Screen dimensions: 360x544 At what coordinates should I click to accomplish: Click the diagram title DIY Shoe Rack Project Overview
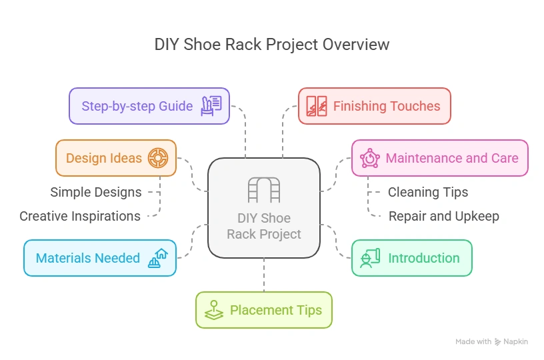point(272,45)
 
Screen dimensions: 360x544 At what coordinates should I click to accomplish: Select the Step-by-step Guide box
point(149,106)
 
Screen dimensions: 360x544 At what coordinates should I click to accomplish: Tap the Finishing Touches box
point(374,106)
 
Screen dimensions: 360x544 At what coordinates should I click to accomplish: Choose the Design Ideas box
point(116,158)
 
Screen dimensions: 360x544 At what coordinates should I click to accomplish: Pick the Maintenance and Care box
point(439,158)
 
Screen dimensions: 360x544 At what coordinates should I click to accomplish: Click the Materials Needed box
point(100,258)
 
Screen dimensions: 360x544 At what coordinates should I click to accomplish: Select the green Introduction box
point(412,258)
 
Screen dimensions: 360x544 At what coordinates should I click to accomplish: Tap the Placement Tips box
point(264,310)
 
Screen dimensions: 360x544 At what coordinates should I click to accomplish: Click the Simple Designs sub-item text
point(96,192)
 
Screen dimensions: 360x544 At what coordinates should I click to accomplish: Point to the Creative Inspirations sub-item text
point(80,216)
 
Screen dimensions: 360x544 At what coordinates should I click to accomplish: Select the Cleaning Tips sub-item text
point(428,192)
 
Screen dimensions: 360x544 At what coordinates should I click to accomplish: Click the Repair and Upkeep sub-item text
point(443,216)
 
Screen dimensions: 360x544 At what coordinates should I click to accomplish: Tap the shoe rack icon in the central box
point(264,189)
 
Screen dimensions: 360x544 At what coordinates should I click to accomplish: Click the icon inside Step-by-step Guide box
point(211,106)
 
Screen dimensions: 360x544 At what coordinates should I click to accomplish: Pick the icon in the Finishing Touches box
point(317,106)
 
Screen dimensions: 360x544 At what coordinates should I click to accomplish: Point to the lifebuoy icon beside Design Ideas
point(158,158)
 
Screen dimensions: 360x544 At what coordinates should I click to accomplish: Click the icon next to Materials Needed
point(158,258)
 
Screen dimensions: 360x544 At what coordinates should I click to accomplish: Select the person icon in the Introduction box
point(370,258)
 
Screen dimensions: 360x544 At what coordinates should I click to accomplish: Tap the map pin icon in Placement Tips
point(214,310)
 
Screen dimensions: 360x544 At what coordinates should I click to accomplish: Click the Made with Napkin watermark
point(491,341)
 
